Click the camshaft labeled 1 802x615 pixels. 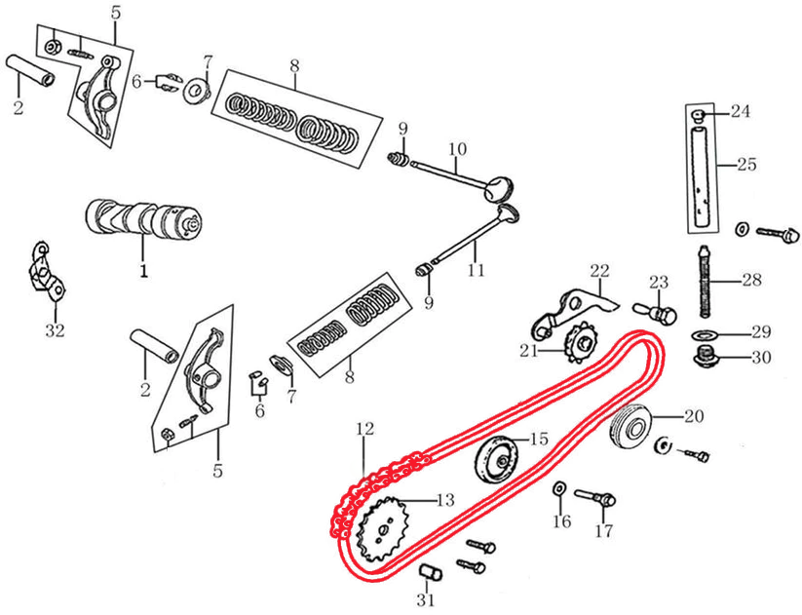tap(143, 220)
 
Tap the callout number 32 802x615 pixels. tap(56, 330)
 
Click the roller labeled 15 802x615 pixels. tap(496, 458)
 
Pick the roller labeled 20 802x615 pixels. tap(630, 428)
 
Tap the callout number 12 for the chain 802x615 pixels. tap(365, 428)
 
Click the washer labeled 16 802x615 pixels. tap(559, 488)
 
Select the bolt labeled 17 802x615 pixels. tap(595, 497)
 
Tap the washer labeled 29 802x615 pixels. tap(705, 335)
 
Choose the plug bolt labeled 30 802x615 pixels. tap(707, 356)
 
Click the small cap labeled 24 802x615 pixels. tap(699, 116)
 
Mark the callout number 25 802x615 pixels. tap(746, 165)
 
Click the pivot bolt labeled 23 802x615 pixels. tap(656, 312)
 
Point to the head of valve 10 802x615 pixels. tap(498, 188)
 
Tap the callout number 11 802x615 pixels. tap(476, 269)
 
